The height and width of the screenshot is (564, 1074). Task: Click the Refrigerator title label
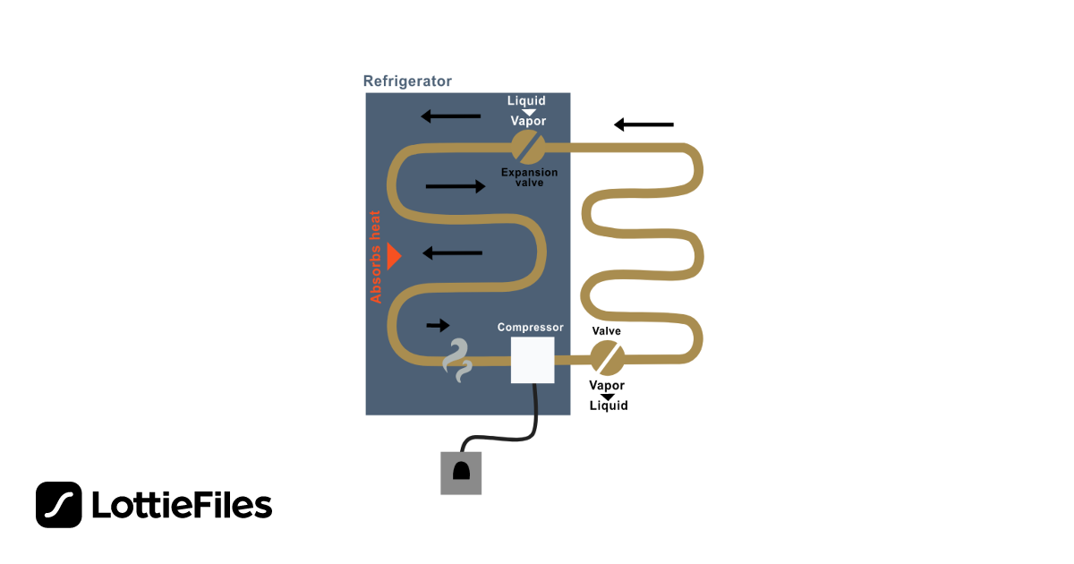coord(407,81)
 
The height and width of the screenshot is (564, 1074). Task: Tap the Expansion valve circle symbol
coord(528,147)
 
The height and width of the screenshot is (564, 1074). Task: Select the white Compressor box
coord(533,360)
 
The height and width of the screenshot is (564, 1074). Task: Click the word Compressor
coord(530,327)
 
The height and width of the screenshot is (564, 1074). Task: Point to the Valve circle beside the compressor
coord(607,358)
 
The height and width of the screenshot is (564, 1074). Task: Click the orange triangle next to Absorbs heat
coord(394,256)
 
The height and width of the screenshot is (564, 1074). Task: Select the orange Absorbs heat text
coord(375,257)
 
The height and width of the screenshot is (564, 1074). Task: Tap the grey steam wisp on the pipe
coord(457,361)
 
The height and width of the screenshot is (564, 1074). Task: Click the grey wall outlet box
coord(461,473)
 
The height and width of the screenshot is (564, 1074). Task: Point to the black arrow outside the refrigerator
coord(644,124)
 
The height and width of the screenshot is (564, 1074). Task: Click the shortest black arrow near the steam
coord(438,325)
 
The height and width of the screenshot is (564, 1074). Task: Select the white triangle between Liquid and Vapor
coord(528,112)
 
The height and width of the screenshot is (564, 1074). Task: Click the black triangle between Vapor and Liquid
coord(608,397)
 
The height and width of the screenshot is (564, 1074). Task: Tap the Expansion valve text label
coord(529,177)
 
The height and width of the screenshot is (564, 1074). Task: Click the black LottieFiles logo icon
coord(58,505)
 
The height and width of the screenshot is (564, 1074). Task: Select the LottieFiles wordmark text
coord(182,505)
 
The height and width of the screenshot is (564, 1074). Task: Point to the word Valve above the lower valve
coord(607,331)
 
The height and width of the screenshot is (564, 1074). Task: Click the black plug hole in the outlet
coord(461,471)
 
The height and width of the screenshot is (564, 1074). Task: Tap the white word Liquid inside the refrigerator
coord(526,100)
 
